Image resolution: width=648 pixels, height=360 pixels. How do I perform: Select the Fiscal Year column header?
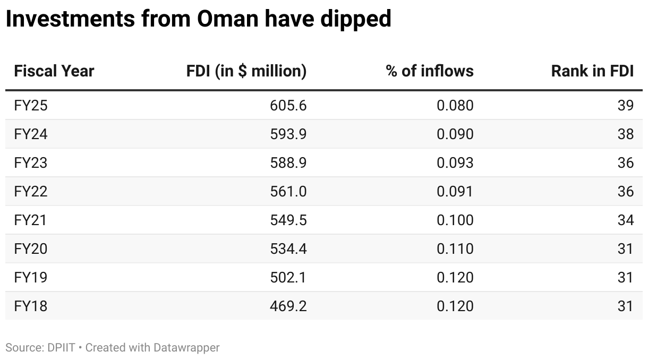point(54,71)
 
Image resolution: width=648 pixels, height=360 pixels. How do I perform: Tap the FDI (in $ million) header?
point(246,71)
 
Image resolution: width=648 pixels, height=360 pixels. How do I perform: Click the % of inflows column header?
point(430,71)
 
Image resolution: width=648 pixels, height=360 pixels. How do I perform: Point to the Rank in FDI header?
point(592,71)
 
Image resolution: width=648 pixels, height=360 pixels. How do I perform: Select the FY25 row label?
point(31,106)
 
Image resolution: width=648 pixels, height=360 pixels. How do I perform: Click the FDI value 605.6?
point(288,106)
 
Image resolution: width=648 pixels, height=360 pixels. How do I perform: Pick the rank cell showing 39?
point(626,106)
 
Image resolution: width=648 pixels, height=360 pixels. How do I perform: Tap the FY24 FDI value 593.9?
point(288,134)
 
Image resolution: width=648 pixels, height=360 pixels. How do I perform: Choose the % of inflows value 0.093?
point(455,163)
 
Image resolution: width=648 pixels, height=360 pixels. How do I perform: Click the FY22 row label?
point(31,192)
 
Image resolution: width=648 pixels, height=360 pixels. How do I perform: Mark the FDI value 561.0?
point(288,192)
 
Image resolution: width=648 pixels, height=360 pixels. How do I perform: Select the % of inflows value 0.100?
point(455,220)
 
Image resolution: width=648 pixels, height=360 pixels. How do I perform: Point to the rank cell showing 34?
point(626,220)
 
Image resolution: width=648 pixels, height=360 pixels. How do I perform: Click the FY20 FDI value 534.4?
point(288,249)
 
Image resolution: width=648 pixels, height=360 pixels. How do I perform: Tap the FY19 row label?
point(31,278)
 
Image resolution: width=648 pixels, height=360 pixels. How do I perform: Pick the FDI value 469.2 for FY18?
point(288,306)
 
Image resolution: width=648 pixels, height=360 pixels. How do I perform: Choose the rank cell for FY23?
point(626,163)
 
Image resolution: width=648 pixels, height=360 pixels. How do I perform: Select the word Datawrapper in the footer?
point(186,348)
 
